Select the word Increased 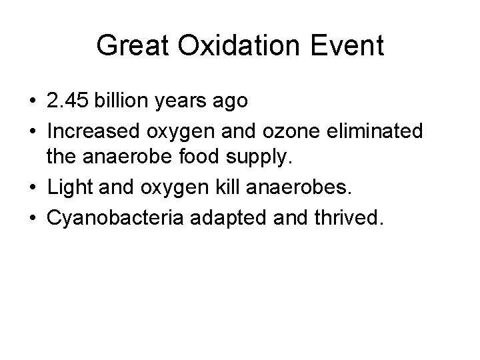(x=88, y=131)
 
